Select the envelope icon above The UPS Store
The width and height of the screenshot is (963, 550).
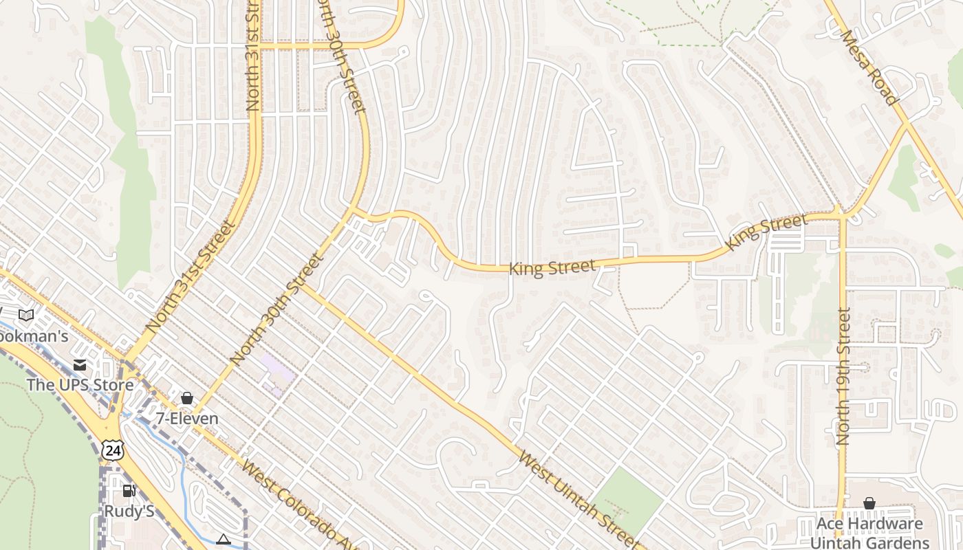pyautogui.click(x=80, y=365)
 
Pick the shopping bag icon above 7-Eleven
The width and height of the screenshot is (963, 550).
pyautogui.click(x=186, y=398)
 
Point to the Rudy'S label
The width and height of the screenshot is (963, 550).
pyautogui.click(x=128, y=511)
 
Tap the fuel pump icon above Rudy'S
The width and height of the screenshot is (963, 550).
pyautogui.click(x=129, y=491)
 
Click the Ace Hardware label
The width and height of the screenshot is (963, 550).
pyautogui.click(x=869, y=524)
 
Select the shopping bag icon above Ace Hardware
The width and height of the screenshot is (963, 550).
pyautogui.click(x=869, y=503)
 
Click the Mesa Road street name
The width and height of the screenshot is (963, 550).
pyautogui.click(x=870, y=67)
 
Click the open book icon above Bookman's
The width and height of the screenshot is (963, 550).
pyautogui.click(x=26, y=315)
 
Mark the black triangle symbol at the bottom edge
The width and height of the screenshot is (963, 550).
pyautogui.click(x=223, y=540)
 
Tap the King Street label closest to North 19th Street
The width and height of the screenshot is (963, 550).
pyautogui.click(x=766, y=232)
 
